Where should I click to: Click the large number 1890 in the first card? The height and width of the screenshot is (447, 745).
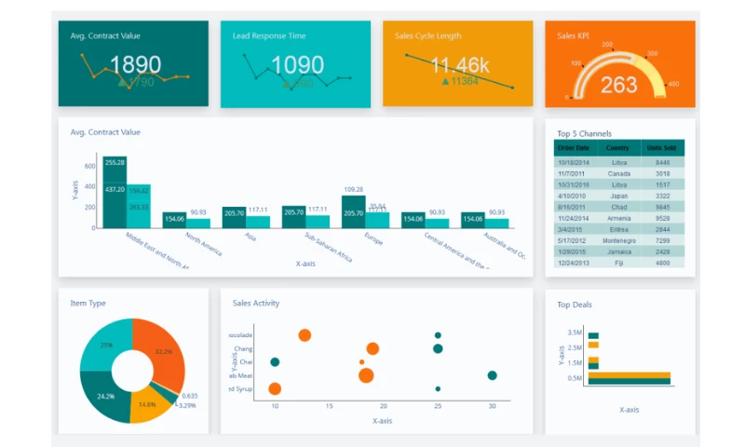[135, 65]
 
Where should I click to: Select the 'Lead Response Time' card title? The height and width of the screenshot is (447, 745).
[269, 36]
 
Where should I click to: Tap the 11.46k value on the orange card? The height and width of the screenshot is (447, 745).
[460, 65]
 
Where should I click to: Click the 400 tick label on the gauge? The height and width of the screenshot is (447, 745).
[673, 84]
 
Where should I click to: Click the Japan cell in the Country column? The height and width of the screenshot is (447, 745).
[617, 196]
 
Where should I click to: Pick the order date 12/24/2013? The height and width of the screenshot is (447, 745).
[573, 264]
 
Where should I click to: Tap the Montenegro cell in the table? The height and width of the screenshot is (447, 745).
[617, 241]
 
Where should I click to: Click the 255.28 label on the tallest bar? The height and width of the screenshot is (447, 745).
[115, 163]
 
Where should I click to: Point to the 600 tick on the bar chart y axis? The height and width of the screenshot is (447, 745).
[90, 167]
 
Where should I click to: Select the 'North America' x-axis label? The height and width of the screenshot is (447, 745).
[204, 244]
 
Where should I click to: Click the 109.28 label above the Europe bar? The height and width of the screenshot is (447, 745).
[353, 190]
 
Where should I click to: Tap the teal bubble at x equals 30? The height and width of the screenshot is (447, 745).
[492, 375]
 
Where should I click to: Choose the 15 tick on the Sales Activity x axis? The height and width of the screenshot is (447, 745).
[329, 407]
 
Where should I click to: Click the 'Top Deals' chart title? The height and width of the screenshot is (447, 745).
[575, 305]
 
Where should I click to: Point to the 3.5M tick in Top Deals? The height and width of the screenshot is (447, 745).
[574, 332]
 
